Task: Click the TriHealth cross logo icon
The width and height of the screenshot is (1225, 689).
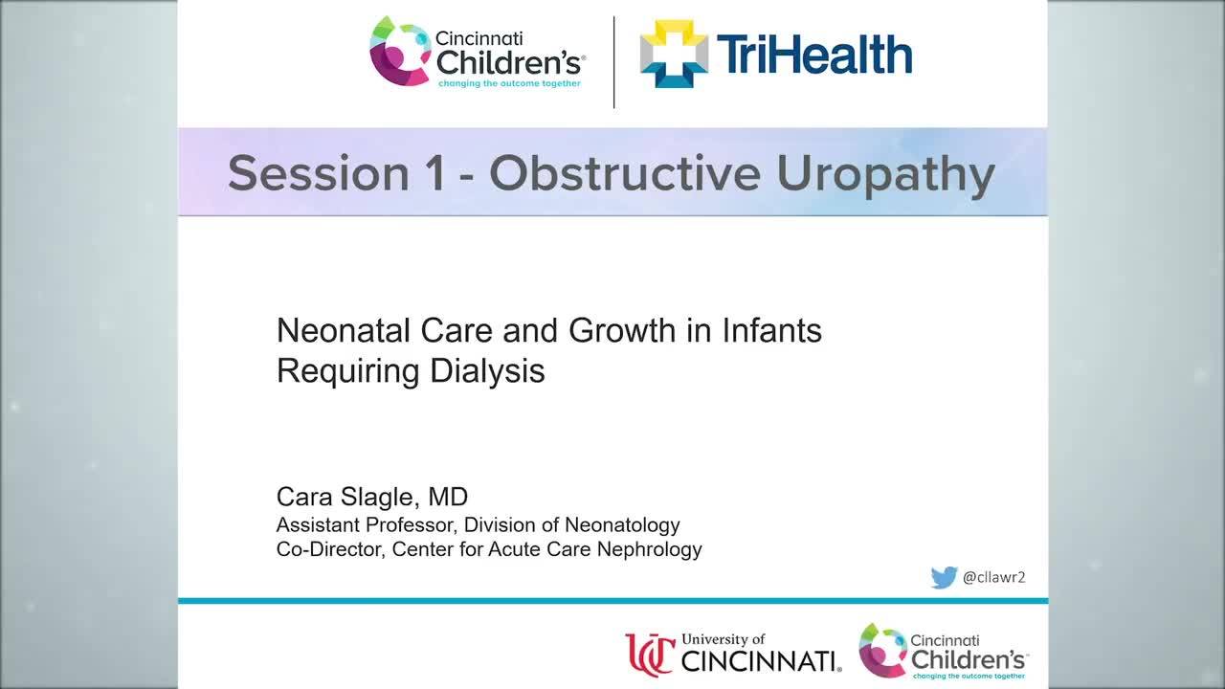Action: [x=674, y=54]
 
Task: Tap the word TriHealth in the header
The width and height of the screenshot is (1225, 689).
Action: [x=813, y=55]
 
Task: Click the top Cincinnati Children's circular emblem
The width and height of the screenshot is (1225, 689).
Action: [x=400, y=52]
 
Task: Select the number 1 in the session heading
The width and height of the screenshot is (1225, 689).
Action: [x=434, y=173]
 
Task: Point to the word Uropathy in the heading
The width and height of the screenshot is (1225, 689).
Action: [x=885, y=173]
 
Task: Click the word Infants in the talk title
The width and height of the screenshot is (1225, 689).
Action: [x=773, y=331]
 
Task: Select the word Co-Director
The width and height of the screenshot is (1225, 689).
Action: [x=329, y=549]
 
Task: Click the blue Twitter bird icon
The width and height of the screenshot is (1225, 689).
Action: [x=944, y=577]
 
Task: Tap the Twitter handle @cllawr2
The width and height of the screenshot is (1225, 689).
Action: [x=993, y=577]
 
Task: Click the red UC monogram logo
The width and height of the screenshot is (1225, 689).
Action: [x=651, y=655]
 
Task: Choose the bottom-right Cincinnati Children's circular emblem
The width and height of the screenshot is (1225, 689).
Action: [x=882, y=651]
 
